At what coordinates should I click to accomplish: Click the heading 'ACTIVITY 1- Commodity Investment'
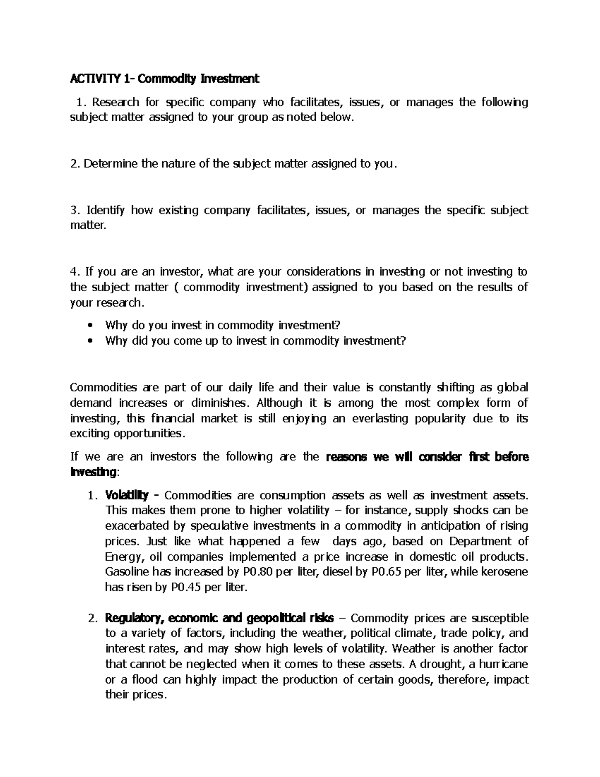click(164, 79)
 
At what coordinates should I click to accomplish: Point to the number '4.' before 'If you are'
click(75, 272)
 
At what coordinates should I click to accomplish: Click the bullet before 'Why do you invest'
click(90, 326)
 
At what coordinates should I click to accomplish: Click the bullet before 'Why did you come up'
click(90, 341)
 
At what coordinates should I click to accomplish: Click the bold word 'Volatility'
click(127, 495)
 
